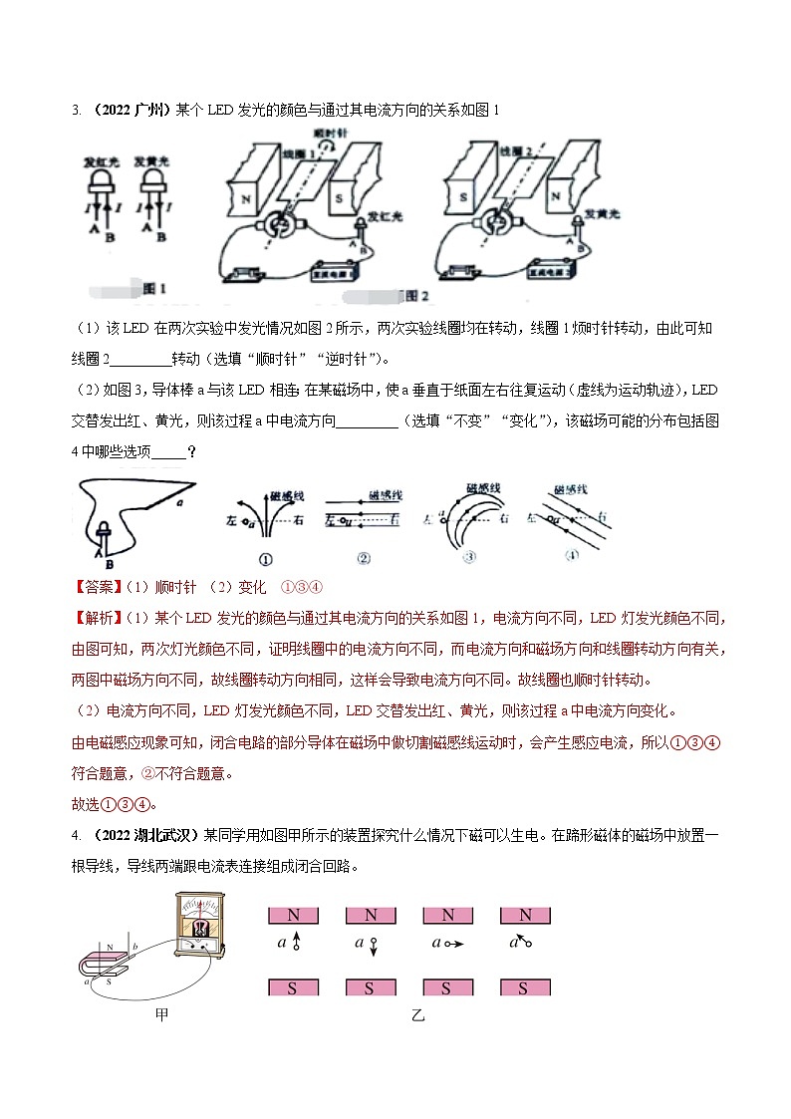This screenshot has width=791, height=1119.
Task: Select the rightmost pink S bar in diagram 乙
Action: (524, 988)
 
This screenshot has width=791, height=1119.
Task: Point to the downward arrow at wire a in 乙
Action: (370, 954)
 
